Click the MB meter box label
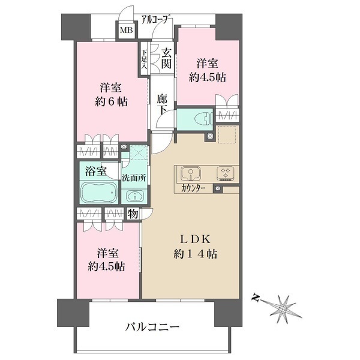click(x=127, y=30)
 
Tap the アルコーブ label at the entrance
click(x=156, y=19)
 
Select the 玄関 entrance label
click(x=166, y=59)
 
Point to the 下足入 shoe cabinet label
click(x=144, y=59)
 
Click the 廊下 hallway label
click(x=163, y=104)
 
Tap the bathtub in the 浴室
click(x=99, y=193)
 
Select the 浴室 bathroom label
click(x=96, y=171)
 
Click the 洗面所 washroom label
click(x=134, y=178)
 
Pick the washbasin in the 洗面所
click(x=135, y=197)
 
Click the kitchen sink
click(x=191, y=173)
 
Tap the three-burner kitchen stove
click(x=226, y=173)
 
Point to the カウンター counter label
click(x=193, y=188)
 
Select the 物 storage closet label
click(x=133, y=214)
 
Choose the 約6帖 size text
click(x=111, y=102)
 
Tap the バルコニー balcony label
click(x=152, y=326)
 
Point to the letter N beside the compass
click(x=255, y=298)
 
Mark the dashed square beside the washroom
click(x=139, y=152)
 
